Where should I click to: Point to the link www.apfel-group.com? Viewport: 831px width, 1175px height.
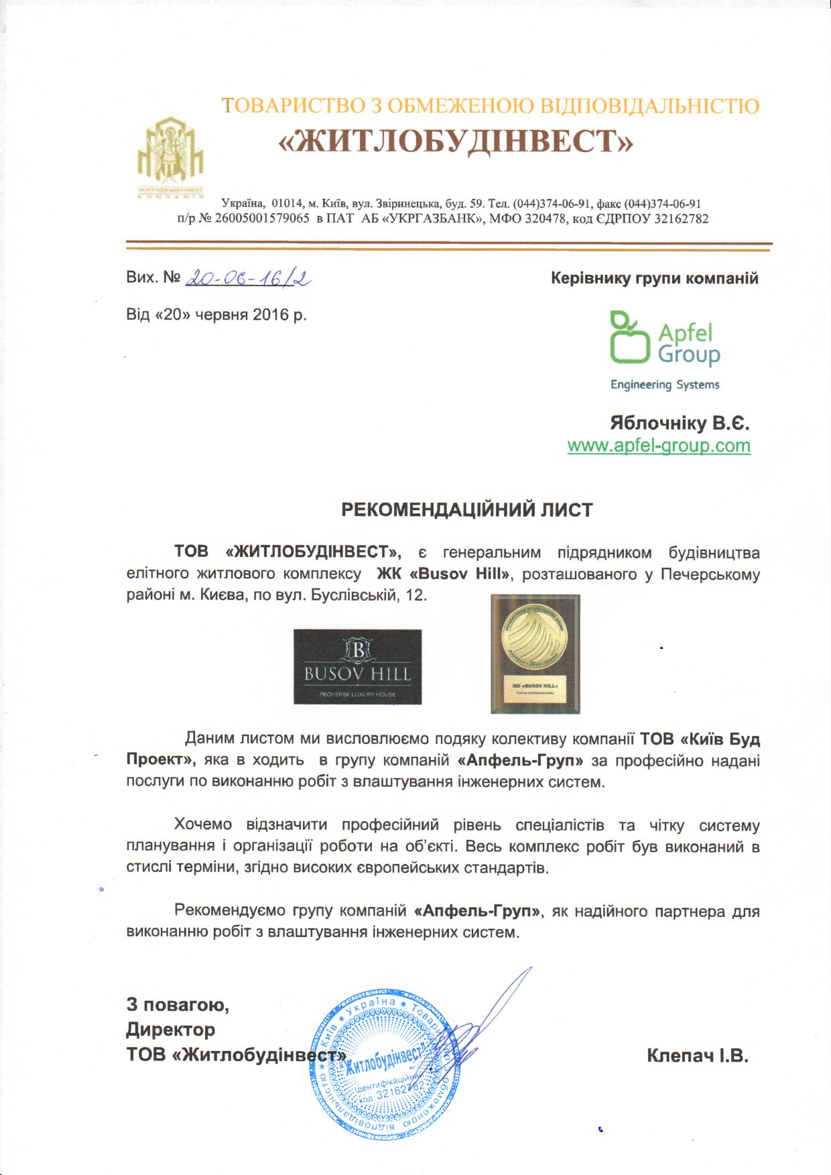click(x=659, y=446)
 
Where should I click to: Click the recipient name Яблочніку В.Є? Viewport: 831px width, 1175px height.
click(x=679, y=424)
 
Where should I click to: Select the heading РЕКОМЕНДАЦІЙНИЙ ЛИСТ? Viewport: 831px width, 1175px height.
click(x=467, y=510)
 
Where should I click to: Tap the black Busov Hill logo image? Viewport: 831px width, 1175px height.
click(x=357, y=666)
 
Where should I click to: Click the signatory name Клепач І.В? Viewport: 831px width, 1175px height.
click(x=697, y=1056)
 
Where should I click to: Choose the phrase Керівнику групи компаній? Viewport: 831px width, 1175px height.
click(x=654, y=278)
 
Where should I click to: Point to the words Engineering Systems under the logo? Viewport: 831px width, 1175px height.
click(x=664, y=385)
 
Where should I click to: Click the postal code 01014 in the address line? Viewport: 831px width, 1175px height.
click(x=286, y=203)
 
